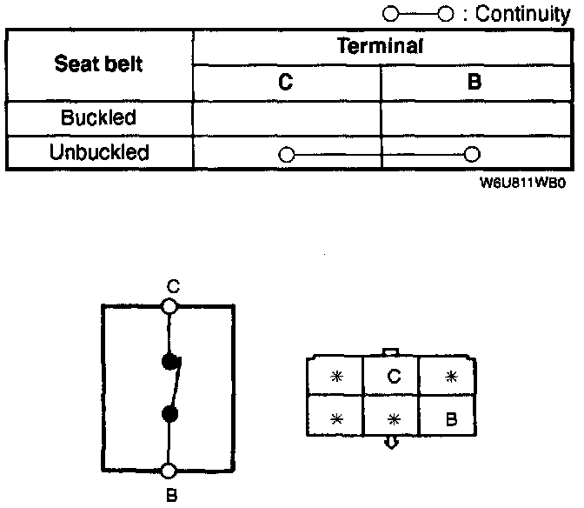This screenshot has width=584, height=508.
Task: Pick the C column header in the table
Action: point(286,84)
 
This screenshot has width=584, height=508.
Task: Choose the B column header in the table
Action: point(474,84)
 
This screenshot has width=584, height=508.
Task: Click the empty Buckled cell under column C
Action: point(286,117)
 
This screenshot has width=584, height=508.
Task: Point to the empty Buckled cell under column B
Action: point(474,117)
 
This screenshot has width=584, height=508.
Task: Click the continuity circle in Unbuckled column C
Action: point(287,155)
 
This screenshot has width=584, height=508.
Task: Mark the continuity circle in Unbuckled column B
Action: point(472,155)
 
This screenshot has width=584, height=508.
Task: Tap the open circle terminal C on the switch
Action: point(169,306)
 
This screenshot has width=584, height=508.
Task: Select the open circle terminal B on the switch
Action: point(169,471)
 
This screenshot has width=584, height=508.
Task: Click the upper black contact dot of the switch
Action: point(170,362)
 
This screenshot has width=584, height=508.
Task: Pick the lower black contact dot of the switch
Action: point(170,413)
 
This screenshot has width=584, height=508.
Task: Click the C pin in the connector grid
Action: point(393,377)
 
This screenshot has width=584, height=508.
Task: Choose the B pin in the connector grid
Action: point(450,418)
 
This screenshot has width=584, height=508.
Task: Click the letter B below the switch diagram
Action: point(171,496)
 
